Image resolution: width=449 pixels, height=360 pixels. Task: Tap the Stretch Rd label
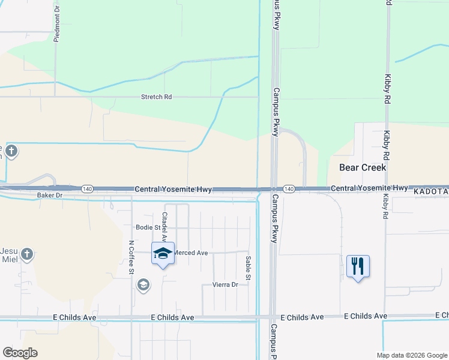(156, 97)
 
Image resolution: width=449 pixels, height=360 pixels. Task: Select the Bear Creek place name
(363, 167)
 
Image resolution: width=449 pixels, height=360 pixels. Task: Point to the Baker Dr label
(50, 196)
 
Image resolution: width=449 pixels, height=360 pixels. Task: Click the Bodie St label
(148, 227)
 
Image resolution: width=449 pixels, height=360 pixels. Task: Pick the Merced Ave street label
(190, 253)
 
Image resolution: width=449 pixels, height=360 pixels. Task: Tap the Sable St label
(248, 268)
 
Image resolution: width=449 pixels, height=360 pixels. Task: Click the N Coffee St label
(131, 258)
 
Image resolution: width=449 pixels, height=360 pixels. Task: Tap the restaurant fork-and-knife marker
(358, 265)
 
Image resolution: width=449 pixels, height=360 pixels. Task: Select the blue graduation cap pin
(163, 254)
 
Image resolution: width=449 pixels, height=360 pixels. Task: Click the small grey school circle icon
(143, 284)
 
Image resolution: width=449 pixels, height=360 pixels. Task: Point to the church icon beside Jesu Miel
(26, 255)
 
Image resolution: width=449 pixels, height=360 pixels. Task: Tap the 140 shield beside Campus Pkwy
(289, 188)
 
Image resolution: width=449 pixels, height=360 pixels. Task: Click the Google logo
(20, 353)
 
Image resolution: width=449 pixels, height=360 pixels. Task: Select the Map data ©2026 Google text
(411, 355)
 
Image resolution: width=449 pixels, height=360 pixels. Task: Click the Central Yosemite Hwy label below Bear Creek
(369, 188)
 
